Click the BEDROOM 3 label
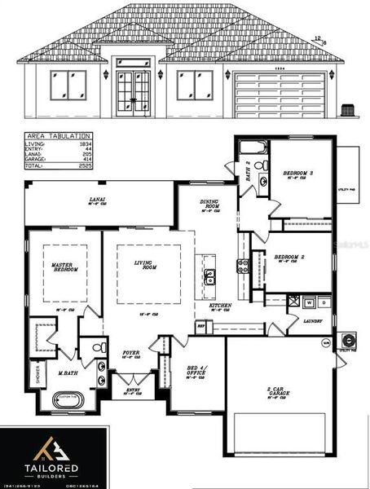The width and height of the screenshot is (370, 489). pyautogui.click(x=297, y=174)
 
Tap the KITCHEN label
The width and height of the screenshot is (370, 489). pyautogui.click(x=220, y=306)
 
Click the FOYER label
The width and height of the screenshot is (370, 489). pyautogui.click(x=130, y=354)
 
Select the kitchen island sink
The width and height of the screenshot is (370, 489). pyautogui.click(x=210, y=276)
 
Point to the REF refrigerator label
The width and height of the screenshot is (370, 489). pyautogui.click(x=200, y=324)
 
